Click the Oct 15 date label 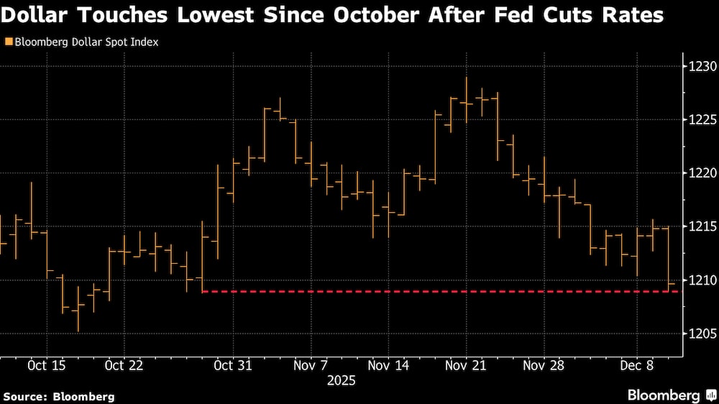coord(47,366)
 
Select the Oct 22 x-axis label coord(124,366)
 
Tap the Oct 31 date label coord(234,366)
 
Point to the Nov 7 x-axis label coord(311,366)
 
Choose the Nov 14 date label coord(388,366)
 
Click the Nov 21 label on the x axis coord(466,366)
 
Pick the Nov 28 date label coord(544,366)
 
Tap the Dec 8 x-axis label coord(638,366)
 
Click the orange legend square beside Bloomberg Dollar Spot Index coord(8,42)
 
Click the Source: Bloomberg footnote coord(59,396)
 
